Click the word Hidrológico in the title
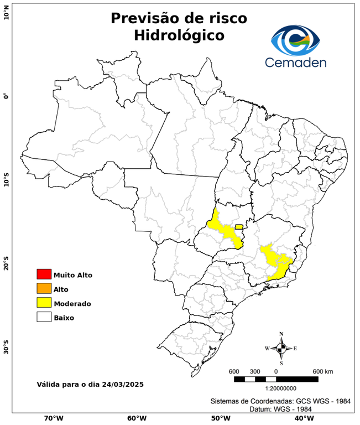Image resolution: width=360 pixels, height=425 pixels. [179, 35]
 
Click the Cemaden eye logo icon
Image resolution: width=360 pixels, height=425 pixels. [298, 40]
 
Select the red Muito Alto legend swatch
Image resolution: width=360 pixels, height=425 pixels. [44, 274]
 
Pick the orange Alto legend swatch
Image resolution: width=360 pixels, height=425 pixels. [44, 289]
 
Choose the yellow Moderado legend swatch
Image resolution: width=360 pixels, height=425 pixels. [44, 303]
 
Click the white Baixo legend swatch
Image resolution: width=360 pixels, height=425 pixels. [44, 318]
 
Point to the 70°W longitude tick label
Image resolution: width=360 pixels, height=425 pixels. [53, 418]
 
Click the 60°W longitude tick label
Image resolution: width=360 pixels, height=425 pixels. [137, 418]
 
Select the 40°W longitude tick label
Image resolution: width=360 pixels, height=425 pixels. [302, 418]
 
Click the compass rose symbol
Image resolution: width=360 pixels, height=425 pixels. [281, 348]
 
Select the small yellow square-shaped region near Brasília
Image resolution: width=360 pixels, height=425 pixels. [239, 227]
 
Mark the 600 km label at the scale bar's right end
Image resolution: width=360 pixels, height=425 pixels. [322, 371]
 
